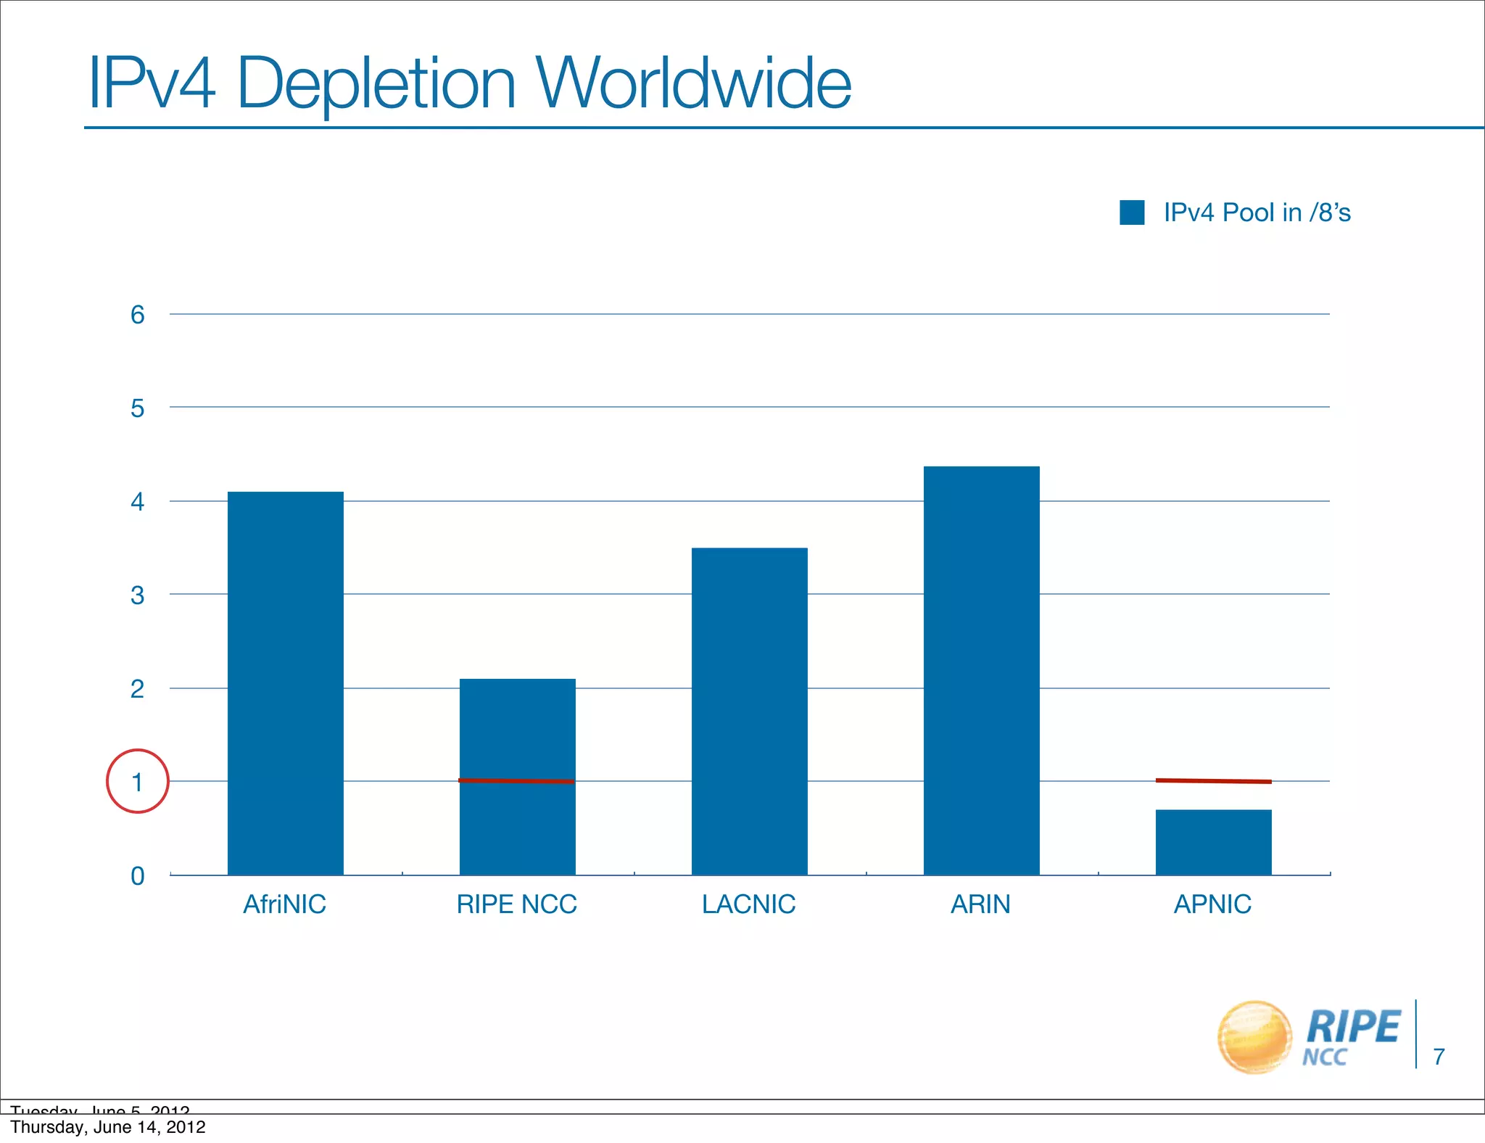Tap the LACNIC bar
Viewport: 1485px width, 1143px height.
click(x=749, y=711)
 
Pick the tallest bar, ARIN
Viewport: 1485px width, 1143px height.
click(x=981, y=671)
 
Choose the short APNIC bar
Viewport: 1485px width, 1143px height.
click(x=1213, y=842)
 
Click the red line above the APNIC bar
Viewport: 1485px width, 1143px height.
click(x=1213, y=781)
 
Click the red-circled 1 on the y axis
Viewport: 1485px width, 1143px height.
click(x=137, y=782)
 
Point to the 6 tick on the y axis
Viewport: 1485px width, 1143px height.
click(x=137, y=315)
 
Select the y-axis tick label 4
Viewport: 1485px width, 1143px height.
click(x=137, y=502)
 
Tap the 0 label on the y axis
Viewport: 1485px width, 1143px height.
click(x=137, y=876)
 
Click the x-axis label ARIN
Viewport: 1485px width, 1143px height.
click(x=980, y=904)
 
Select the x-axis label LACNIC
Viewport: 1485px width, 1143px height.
click(x=748, y=904)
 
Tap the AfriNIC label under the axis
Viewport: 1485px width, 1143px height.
click(x=284, y=904)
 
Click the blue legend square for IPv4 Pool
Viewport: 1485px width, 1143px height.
click(x=1132, y=212)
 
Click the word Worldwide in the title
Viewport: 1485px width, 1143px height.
click(x=693, y=83)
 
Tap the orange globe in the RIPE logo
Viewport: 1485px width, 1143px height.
click(x=1255, y=1037)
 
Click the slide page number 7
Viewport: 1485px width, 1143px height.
click(x=1439, y=1057)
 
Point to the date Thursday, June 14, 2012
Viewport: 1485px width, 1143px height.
click(x=108, y=1127)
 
